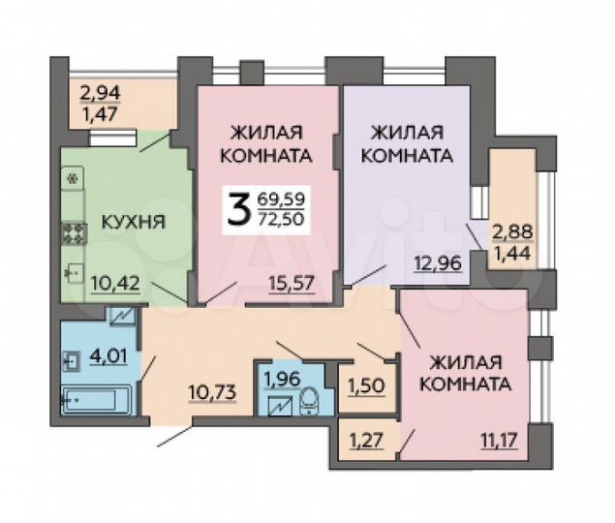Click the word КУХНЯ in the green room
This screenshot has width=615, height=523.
[133, 222]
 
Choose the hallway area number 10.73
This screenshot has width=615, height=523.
[210, 391]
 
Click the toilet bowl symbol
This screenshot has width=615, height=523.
[307, 399]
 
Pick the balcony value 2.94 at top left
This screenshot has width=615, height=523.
[100, 95]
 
